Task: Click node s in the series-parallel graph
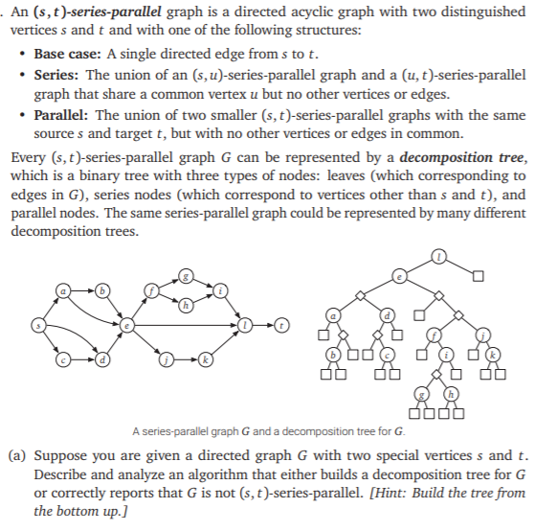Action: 38,325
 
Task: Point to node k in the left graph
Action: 205,361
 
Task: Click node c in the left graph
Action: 64,361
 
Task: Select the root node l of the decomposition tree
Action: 438,256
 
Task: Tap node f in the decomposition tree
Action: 434,334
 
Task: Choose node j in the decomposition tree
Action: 483,334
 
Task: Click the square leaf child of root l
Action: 477,277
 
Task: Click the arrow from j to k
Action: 186,361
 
